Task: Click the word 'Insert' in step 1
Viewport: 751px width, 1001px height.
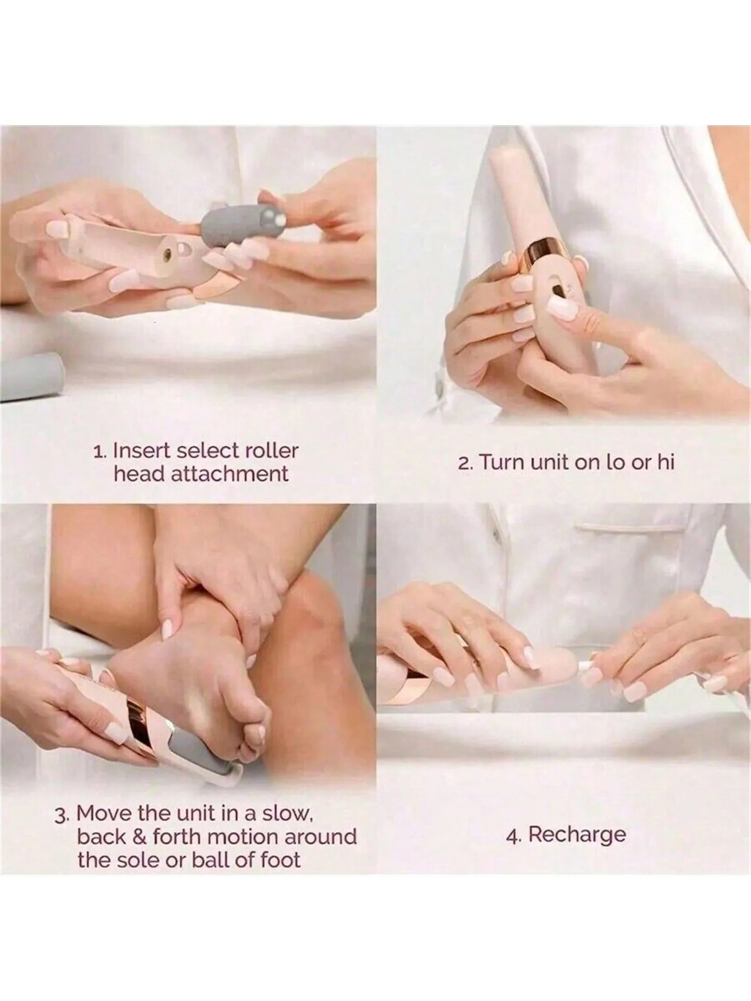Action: click(143, 450)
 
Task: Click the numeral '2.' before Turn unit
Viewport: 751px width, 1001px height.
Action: click(466, 463)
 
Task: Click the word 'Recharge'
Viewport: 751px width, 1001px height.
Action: click(577, 834)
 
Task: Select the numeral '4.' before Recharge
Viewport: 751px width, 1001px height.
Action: click(515, 835)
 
